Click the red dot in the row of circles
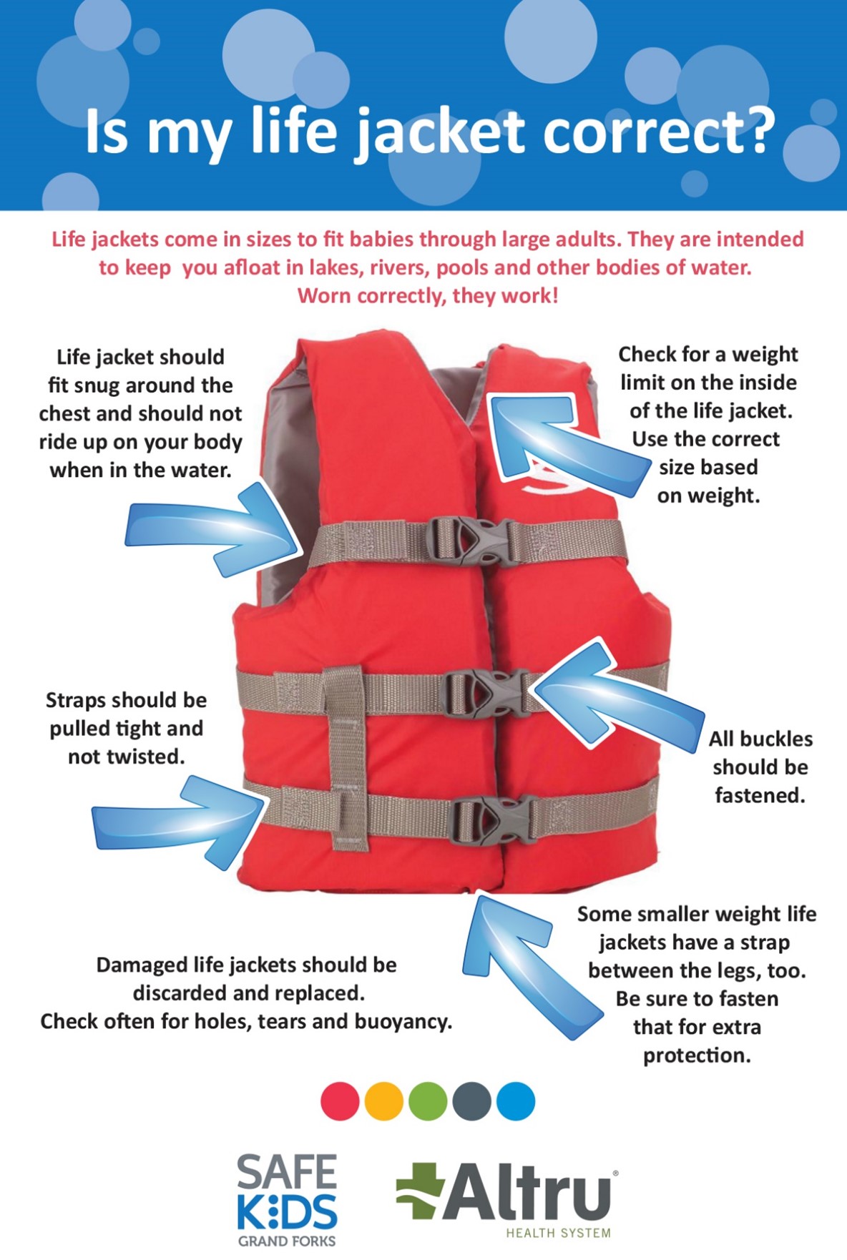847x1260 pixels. pos(340,1101)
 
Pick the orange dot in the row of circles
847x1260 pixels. pos(384,1101)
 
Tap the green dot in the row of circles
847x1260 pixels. pos(428,1101)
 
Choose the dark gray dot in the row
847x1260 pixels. pos(472,1101)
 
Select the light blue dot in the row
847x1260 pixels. pos(516,1101)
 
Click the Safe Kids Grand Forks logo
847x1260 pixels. pos(287,1200)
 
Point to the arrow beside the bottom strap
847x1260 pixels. pos(179,822)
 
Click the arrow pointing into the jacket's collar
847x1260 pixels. pos(565,443)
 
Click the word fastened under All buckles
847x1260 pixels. pos(760,795)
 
